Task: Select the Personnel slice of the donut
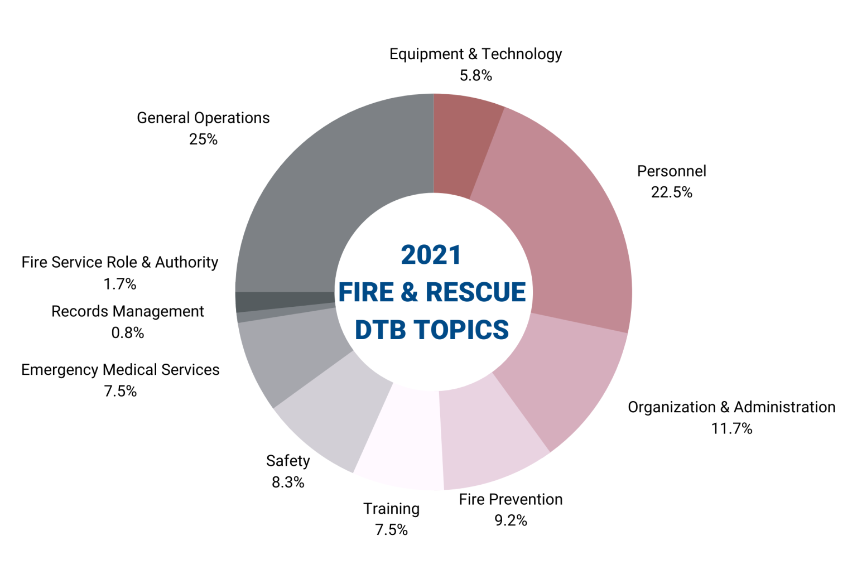(564, 223)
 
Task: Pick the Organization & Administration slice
(564, 374)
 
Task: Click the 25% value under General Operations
(203, 139)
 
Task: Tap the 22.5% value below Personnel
(671, 192)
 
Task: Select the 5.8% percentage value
(475, 75)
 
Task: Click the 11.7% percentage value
(731, 429)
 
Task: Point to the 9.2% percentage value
(511, 520)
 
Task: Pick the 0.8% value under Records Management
(128, 333)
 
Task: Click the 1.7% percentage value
(120, 284)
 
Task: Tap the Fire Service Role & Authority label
(120, 263)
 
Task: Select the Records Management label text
(128, 311)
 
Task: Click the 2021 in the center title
(431, 255)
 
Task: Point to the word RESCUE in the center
(475, 292)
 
